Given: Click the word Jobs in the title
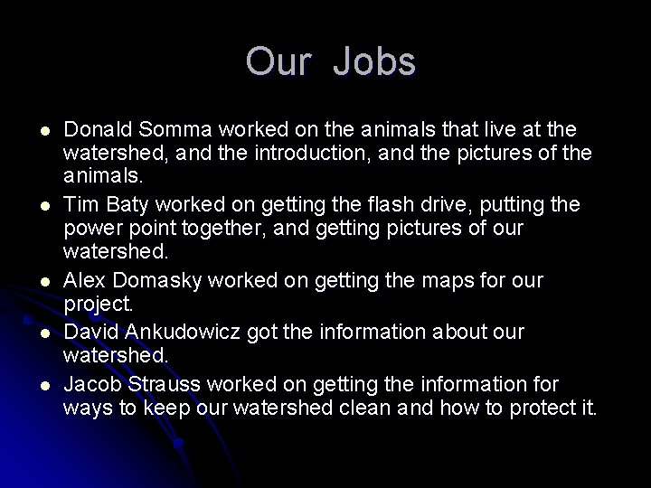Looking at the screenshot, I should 373,62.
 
